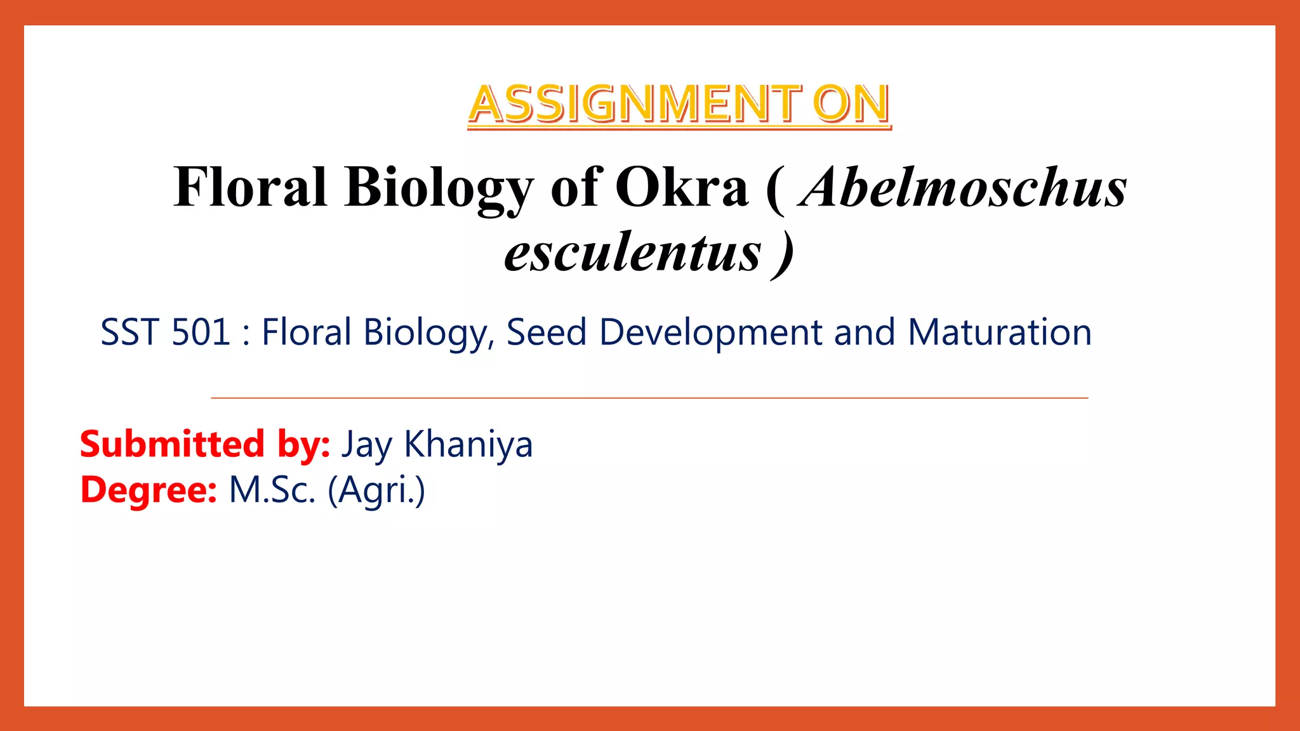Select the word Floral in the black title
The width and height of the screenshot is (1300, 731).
(x=250, y=187)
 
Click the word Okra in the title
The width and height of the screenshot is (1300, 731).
(x=682, y=187)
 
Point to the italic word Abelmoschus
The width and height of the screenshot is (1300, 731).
(x=963, y=187)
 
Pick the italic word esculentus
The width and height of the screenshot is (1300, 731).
(x=632, y=253)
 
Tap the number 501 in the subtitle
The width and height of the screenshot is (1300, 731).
(x=201, y=333)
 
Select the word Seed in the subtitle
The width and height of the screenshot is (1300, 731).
(x=546, y=333)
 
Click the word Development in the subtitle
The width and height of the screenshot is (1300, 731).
(x=710, y=333)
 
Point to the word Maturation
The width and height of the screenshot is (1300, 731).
(x=999, y=333)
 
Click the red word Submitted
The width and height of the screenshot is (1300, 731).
(x=171, y=444)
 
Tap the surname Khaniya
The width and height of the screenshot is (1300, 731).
(x=468, y=445)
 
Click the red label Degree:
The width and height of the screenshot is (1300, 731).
(x=149, y=491)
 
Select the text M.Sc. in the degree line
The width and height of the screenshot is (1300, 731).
(x=272, y=491)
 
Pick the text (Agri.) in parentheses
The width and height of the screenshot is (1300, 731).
(x=376, y=491)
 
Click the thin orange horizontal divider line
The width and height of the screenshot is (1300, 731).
(x=649, y=398)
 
